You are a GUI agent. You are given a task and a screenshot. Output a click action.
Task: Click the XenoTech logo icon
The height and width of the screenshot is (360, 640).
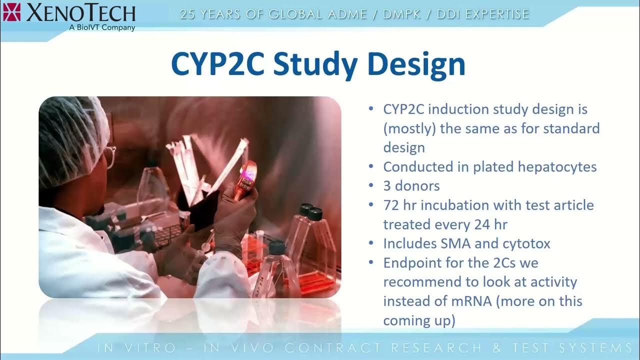click(11, 11)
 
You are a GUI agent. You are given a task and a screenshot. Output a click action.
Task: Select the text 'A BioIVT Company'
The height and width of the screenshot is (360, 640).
click(102, 27)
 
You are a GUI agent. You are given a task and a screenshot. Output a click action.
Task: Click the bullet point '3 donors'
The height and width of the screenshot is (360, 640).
click(411, 186)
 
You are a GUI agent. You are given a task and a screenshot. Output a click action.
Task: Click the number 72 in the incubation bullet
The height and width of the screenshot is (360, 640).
click(391, 205)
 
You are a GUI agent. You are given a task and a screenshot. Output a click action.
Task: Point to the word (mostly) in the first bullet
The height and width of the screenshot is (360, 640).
click(409, 128)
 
